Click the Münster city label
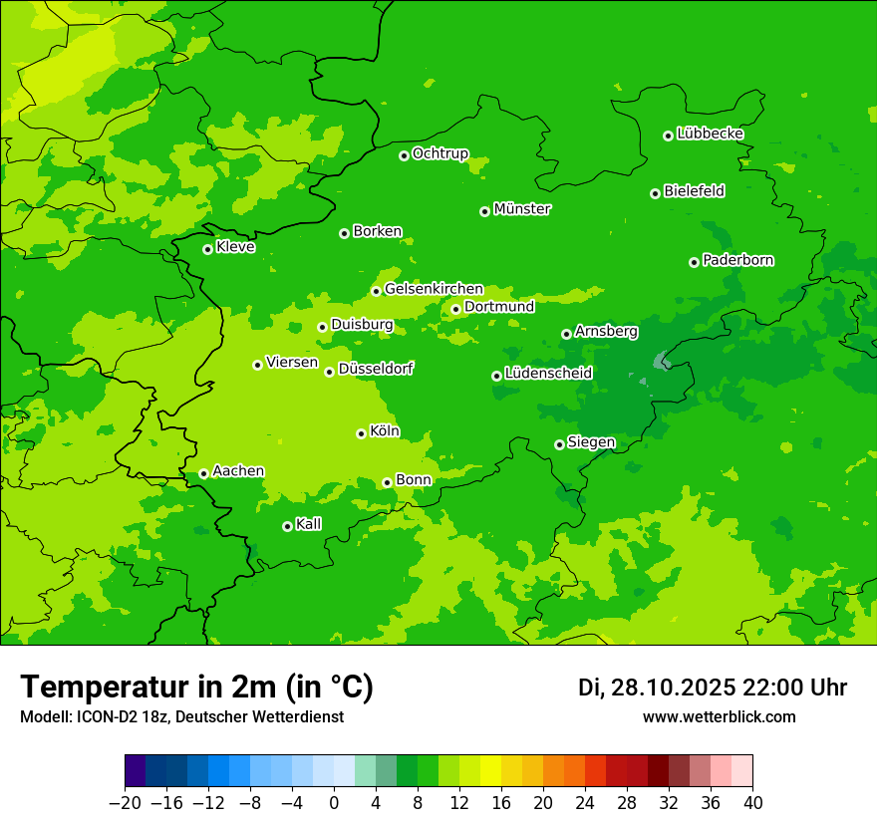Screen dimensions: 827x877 coord(522,209)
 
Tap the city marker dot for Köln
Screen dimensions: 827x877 coord(361,433)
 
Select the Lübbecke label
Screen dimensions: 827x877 coord(710,134)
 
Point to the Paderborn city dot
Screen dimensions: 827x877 coord(694,262)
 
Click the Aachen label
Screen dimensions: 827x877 coord(238,471)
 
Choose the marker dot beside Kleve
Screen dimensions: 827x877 coord(207,249)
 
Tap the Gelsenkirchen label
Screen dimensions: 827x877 coord(434,289)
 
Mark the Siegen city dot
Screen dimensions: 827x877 coord(559,444)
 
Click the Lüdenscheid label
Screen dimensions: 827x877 coord(548,374)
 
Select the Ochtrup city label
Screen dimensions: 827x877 coord(439,153)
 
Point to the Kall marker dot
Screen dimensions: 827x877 coord(287,526)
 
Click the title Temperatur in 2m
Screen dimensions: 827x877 coord(196,688)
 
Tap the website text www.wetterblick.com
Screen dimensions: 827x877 coord(719,717)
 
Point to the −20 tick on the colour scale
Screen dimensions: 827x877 coord(125,803)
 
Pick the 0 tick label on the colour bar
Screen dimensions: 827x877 coord(334,803)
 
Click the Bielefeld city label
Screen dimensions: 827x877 coord(694,191)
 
